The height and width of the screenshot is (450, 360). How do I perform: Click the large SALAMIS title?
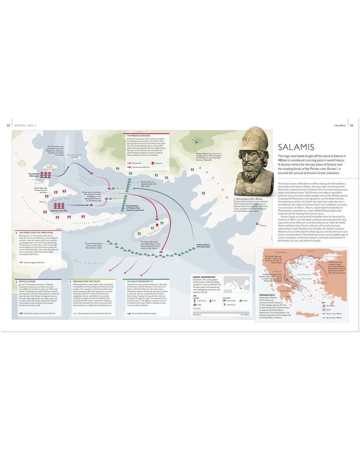[296, 147]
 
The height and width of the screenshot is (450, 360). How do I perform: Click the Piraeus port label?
[263, 225]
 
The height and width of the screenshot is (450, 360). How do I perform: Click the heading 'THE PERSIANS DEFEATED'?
[139, 136]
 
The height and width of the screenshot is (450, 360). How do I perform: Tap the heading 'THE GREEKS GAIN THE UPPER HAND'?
[36, 233]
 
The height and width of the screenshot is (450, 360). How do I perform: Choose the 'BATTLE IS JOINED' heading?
[27, 282]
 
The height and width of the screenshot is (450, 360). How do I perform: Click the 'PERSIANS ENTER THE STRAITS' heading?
[86, 282]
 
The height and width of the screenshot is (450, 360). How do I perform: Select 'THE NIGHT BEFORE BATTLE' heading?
[140, 282]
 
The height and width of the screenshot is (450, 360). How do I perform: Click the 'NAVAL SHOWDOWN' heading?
[204, 277]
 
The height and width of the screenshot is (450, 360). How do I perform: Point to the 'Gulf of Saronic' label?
[88, 262]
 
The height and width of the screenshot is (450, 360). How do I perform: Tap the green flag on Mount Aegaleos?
[197, 142]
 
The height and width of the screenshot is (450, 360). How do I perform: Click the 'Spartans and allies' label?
[59, 211]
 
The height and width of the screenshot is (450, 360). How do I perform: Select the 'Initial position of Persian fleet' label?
[203, 246]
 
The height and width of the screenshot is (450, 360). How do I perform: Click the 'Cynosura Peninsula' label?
[91, 221]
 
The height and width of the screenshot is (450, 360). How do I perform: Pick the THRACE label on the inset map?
[310, 251]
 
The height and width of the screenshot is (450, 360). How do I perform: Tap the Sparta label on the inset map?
[288, 296]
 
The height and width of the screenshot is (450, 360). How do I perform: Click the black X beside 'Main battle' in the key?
[324, 306]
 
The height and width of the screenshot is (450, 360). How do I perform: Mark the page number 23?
[351, 126]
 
